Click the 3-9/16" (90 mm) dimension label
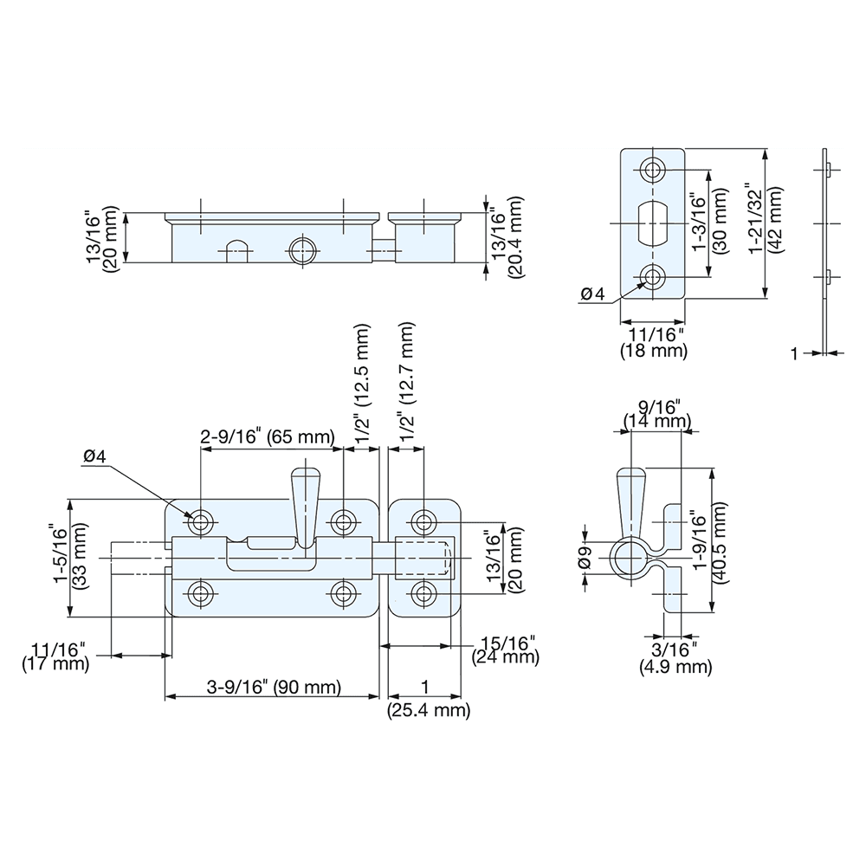tap(275, 688)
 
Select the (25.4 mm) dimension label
tap(428, 711)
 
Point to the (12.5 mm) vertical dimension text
tap(363, 359)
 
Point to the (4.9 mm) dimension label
tap(675, 667)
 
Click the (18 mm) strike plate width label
tap(654, 351)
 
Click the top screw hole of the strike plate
tap(652, 170)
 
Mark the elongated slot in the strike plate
tap(652, 223)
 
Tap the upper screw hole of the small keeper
tap(423, 521)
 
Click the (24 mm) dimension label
tap(506, 657)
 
